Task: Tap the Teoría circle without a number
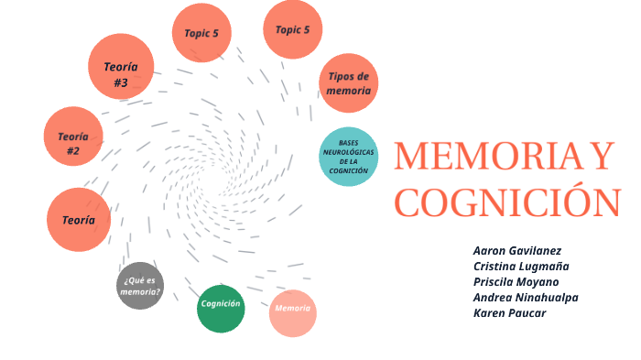click(x=79, y=220)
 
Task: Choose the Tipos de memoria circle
click(x=349, y=83)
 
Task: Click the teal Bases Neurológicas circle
click(x=349, y=157)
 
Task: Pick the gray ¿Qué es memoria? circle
click(x=141, y=286)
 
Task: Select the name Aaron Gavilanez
click(x=517, y=250)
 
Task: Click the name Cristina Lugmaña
click(x=521, y=266)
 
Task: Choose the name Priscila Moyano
click(x=516, y=281)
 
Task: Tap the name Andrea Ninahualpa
click(x=526, y=297)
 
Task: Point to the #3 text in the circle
click(x=121, y=82)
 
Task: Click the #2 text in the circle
click(x=73, y=151)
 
